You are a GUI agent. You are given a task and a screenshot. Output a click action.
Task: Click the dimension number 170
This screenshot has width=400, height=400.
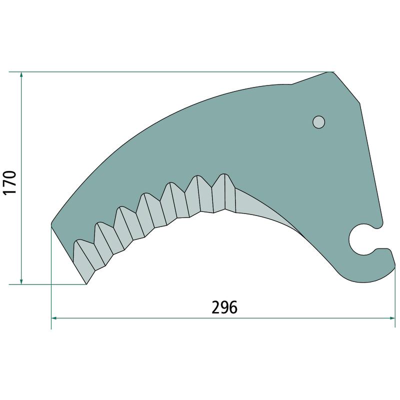pyautogui.click(x=10, y=182)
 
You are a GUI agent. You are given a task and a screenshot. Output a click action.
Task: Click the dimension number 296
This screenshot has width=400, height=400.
pyautogui.click(x=224, y=307)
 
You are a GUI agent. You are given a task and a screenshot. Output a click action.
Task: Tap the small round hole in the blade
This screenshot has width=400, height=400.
pyautogui.click(x=318, y=122)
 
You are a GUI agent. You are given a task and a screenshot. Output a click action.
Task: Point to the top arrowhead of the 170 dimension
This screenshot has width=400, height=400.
pyautogui.click(x=21, y=74)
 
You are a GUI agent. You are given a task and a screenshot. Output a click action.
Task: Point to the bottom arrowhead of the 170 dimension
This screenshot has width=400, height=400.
pyautogui.click(x=21, y=281)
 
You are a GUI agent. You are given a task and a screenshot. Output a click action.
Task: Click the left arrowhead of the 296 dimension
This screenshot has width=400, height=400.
pyautogui.click(x=54, y=318)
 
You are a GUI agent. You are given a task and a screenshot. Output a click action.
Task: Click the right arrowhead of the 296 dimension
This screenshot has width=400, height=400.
pyautogui.click(x=391, y=318)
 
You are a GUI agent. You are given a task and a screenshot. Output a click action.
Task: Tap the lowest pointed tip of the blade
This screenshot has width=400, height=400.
pyautogui.click(x=86, y=284)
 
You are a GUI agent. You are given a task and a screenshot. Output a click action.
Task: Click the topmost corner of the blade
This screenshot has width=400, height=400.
pyautogui.click(x=330, y=72)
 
